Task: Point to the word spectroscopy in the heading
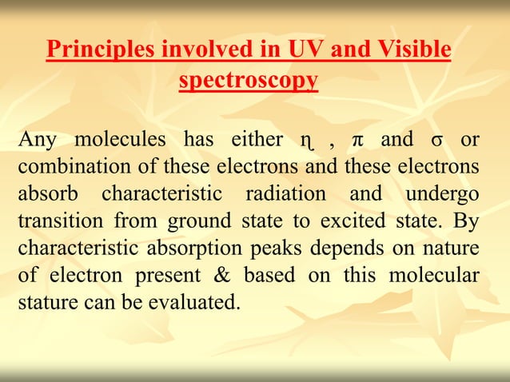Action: (249, 81)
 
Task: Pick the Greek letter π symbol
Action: (357, 141)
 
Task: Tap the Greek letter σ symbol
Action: (436, 141)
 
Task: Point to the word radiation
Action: (285, 194)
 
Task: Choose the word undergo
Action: (443, 194)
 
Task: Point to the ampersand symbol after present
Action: (218, 276)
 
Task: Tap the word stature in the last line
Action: (45, 303)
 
